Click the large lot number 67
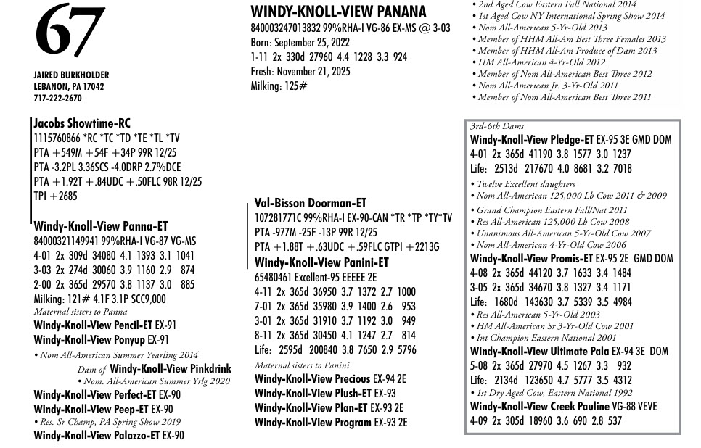pyautogui.click(x=69, y=30)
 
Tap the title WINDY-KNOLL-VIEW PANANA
pyautogui.click(x=338, y=12)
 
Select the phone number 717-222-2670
pyautogui.click(x=57, y=99)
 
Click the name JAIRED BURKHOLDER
pyautogui.click(x=71, y=75)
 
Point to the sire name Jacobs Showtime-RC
pyautogui.click(x=82, y=124)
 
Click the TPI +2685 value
pyautogui.click(x=55, y=196)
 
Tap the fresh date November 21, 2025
pyautogui.click(x=311, y=71)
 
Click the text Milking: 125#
pyautogui.click(x=279, y=86)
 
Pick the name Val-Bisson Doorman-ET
pyautogui.click(x=311, y=204)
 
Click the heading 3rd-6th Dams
pyautogui.click(x=497, y=126)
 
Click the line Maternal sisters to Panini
pyautogui.click(x=302, y=365)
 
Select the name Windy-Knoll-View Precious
pyautogui.click(x=312, y=379)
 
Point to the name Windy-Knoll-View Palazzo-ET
pyautogui.click(x=97, y=436)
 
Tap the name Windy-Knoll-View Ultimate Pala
pyautogui.click(x=539, y=352)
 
